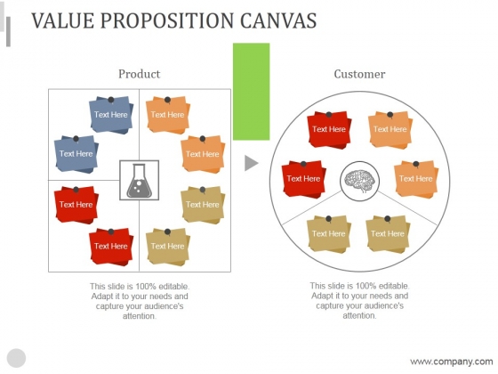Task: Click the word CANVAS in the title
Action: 278,20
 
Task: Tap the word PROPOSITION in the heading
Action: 167,20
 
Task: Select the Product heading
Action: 139,74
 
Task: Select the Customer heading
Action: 359,74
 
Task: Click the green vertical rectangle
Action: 251,92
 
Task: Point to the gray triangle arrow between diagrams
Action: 251,163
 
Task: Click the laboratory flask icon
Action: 139,181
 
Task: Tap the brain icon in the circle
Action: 360,182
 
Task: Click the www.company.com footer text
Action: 452,362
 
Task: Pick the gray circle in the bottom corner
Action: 16,358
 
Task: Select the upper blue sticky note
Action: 111,115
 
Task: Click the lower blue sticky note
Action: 76,154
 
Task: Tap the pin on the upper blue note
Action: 111,100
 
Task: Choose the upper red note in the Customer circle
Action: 329,129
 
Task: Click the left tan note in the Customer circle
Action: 329,233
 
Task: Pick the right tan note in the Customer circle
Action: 388,233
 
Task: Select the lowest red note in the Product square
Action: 111,246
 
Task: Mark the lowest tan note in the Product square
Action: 168,246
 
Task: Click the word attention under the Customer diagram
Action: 359,316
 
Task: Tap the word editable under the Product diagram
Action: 173,286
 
